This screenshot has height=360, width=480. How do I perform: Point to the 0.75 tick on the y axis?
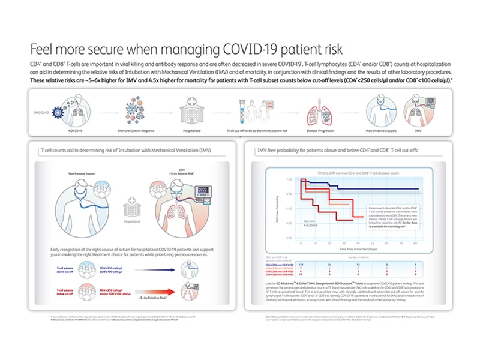point(289,193)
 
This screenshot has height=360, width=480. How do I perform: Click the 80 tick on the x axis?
point(416,243)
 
